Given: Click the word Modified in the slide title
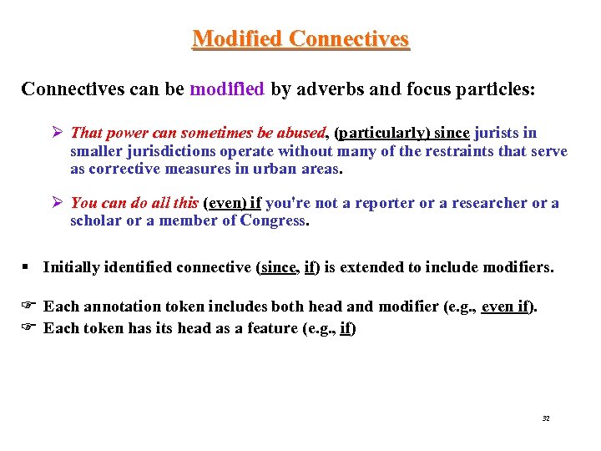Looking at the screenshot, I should (237, 39).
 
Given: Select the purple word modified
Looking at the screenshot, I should (227, 89).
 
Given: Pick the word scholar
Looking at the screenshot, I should (96, 220).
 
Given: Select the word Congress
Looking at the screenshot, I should (273, 220).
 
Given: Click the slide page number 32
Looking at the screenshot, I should (545, 418).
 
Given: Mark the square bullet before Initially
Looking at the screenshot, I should (27, 267).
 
